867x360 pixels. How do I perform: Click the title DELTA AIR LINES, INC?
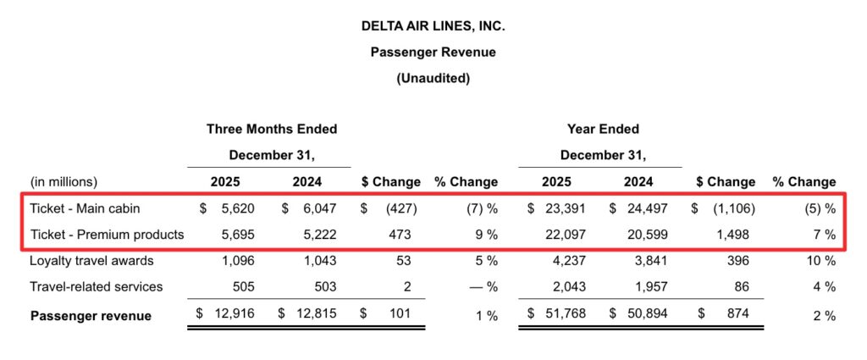[433, 26]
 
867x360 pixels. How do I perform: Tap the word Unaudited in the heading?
[433, 78]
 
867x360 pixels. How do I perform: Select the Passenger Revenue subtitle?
[433, 52]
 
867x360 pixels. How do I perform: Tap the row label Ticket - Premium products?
[107, 233]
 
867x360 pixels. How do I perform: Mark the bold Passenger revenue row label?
[91, 316]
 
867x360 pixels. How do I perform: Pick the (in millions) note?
[64, 181]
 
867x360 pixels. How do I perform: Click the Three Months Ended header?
[272, 129]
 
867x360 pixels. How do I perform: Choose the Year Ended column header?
[603, 129]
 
